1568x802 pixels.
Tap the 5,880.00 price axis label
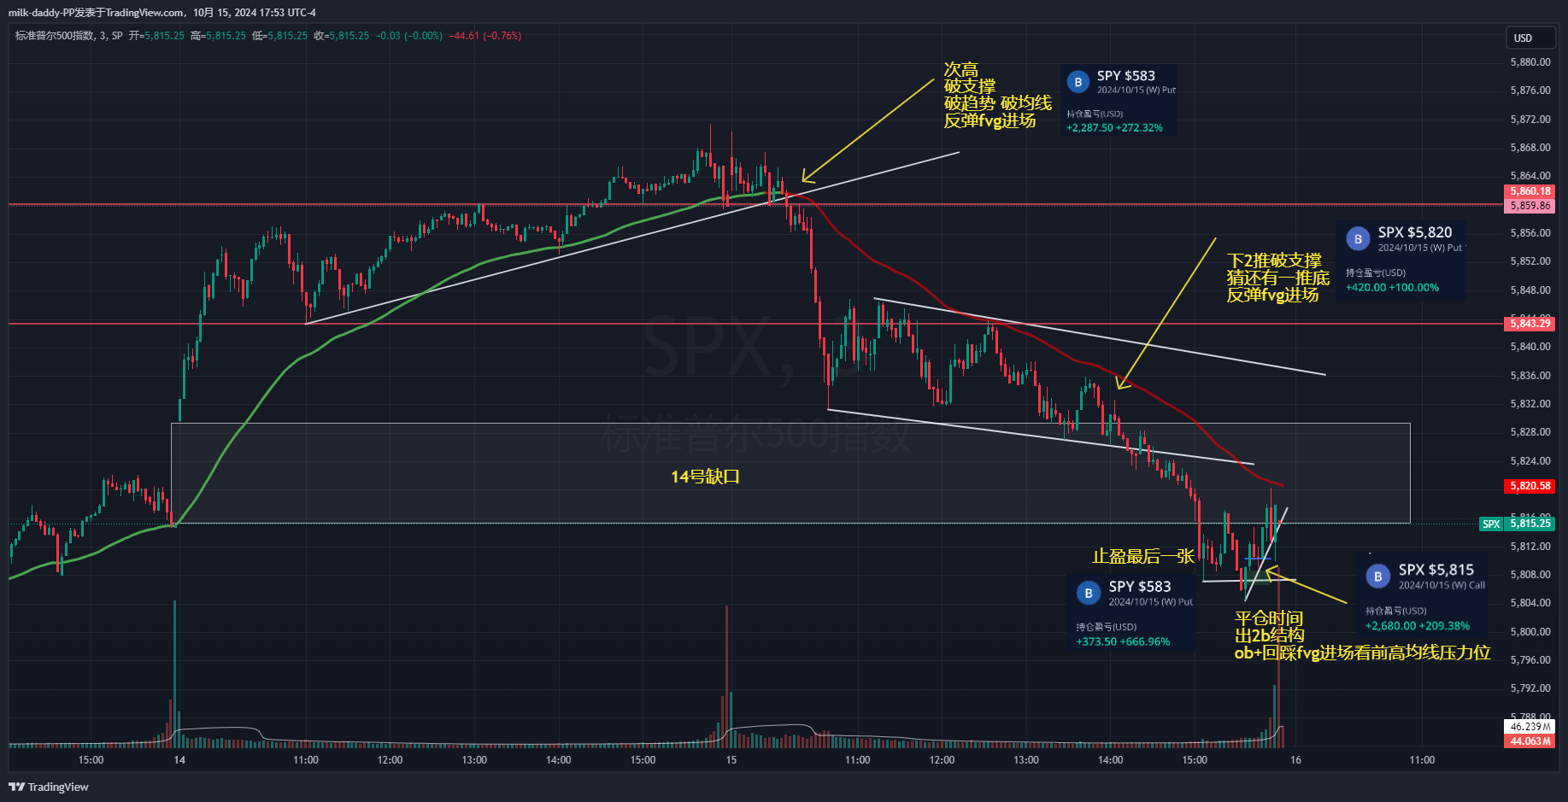click(x=1530, y=62)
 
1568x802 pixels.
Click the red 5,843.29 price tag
click(x=1530, y=323)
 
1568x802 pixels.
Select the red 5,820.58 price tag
click(x=1530, y=486)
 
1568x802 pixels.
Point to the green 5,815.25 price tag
click(x=1530, y=524)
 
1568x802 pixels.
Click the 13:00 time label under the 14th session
click(x=474, y=760)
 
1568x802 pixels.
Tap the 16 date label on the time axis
click(x=1295, y=760)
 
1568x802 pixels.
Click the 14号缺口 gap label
click(x=705, y=477)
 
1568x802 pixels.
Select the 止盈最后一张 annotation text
click(x=1143, y=557)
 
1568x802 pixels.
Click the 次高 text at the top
click(x=961, y=69)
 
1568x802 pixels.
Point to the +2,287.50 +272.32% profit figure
click(x=1114, y=128)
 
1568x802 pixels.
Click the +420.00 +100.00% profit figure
click(x=1392, y=288)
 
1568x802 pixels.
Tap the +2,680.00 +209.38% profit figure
click(x=1417, y=626)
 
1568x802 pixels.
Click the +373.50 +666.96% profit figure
click(x=1123, y=642)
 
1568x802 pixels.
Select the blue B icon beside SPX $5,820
click(x=1358, y=239)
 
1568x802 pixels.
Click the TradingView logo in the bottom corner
click(x=49, y=787)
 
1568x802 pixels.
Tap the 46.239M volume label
click(x=1530, y=727)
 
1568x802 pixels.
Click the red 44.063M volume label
click(x=1530, y=741)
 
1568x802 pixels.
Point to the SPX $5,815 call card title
click(x=1436, y=570)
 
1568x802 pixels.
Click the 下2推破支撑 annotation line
click(x=1274, y=261)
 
